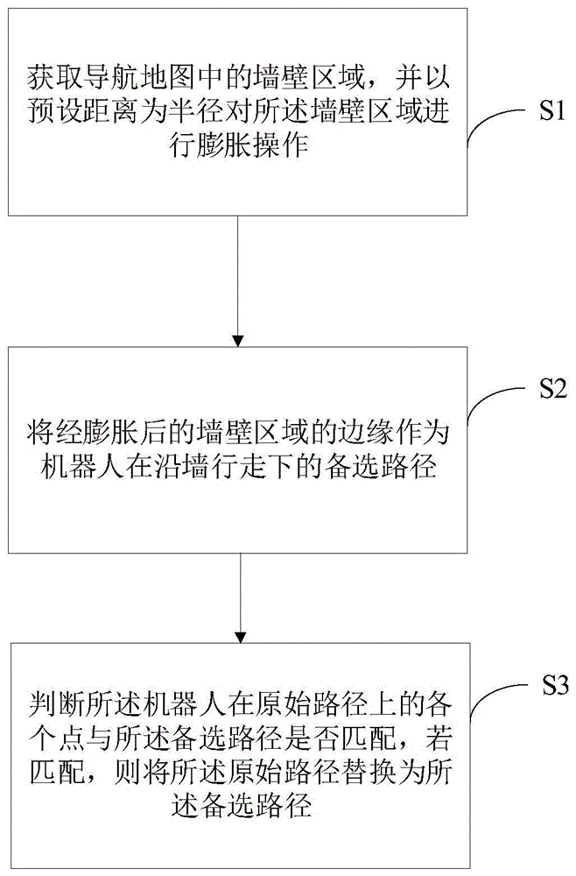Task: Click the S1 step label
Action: [x=552, y=111]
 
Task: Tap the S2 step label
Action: [x=552, y=389]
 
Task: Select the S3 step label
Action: [x=555, y=685]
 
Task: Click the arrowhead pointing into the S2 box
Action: [x=238, y=340]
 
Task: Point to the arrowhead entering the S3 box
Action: [x=240, y=637]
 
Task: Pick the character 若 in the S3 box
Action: [x=438, y=739]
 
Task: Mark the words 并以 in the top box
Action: [x=421, y=77]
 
